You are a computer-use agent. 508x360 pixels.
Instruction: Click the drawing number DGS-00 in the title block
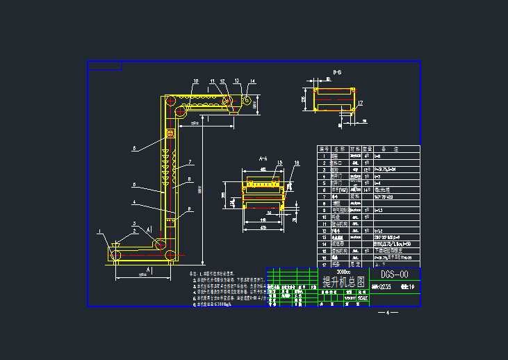[395, 275]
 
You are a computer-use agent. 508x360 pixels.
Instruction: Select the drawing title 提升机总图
[344, 281]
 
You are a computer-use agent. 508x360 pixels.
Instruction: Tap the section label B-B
[337, 72]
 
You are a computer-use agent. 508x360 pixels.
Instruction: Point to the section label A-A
[263, 159]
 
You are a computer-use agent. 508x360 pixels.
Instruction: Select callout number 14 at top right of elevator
[253, 82]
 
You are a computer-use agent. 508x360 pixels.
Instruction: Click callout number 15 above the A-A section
[279, 163]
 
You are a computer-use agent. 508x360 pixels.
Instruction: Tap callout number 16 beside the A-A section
[297, 163]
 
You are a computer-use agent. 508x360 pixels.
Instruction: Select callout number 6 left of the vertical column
[134, 148]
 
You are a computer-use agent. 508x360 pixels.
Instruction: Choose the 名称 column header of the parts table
[339, 149]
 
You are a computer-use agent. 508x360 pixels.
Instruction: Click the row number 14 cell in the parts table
[323, 245]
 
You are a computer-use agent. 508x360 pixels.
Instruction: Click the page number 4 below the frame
[387, 313]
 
